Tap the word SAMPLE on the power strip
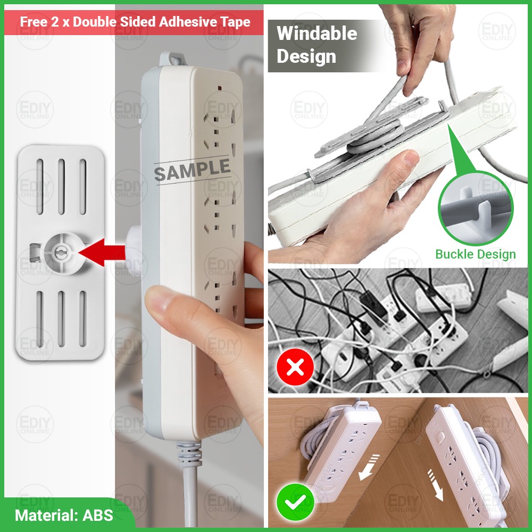coord(192,170)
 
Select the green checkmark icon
coord(294,502)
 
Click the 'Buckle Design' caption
coord(475,254)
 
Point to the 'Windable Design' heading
coord(317,45)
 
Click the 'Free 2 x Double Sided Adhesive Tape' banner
coord(135,22)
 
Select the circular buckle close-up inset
coord(475,208)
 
